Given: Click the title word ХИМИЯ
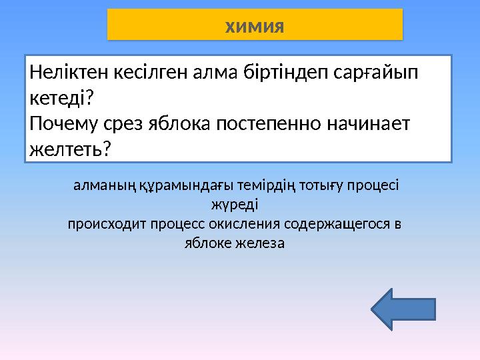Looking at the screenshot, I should tap(255, 27).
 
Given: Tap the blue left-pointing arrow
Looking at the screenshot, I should tap(402, 309).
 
